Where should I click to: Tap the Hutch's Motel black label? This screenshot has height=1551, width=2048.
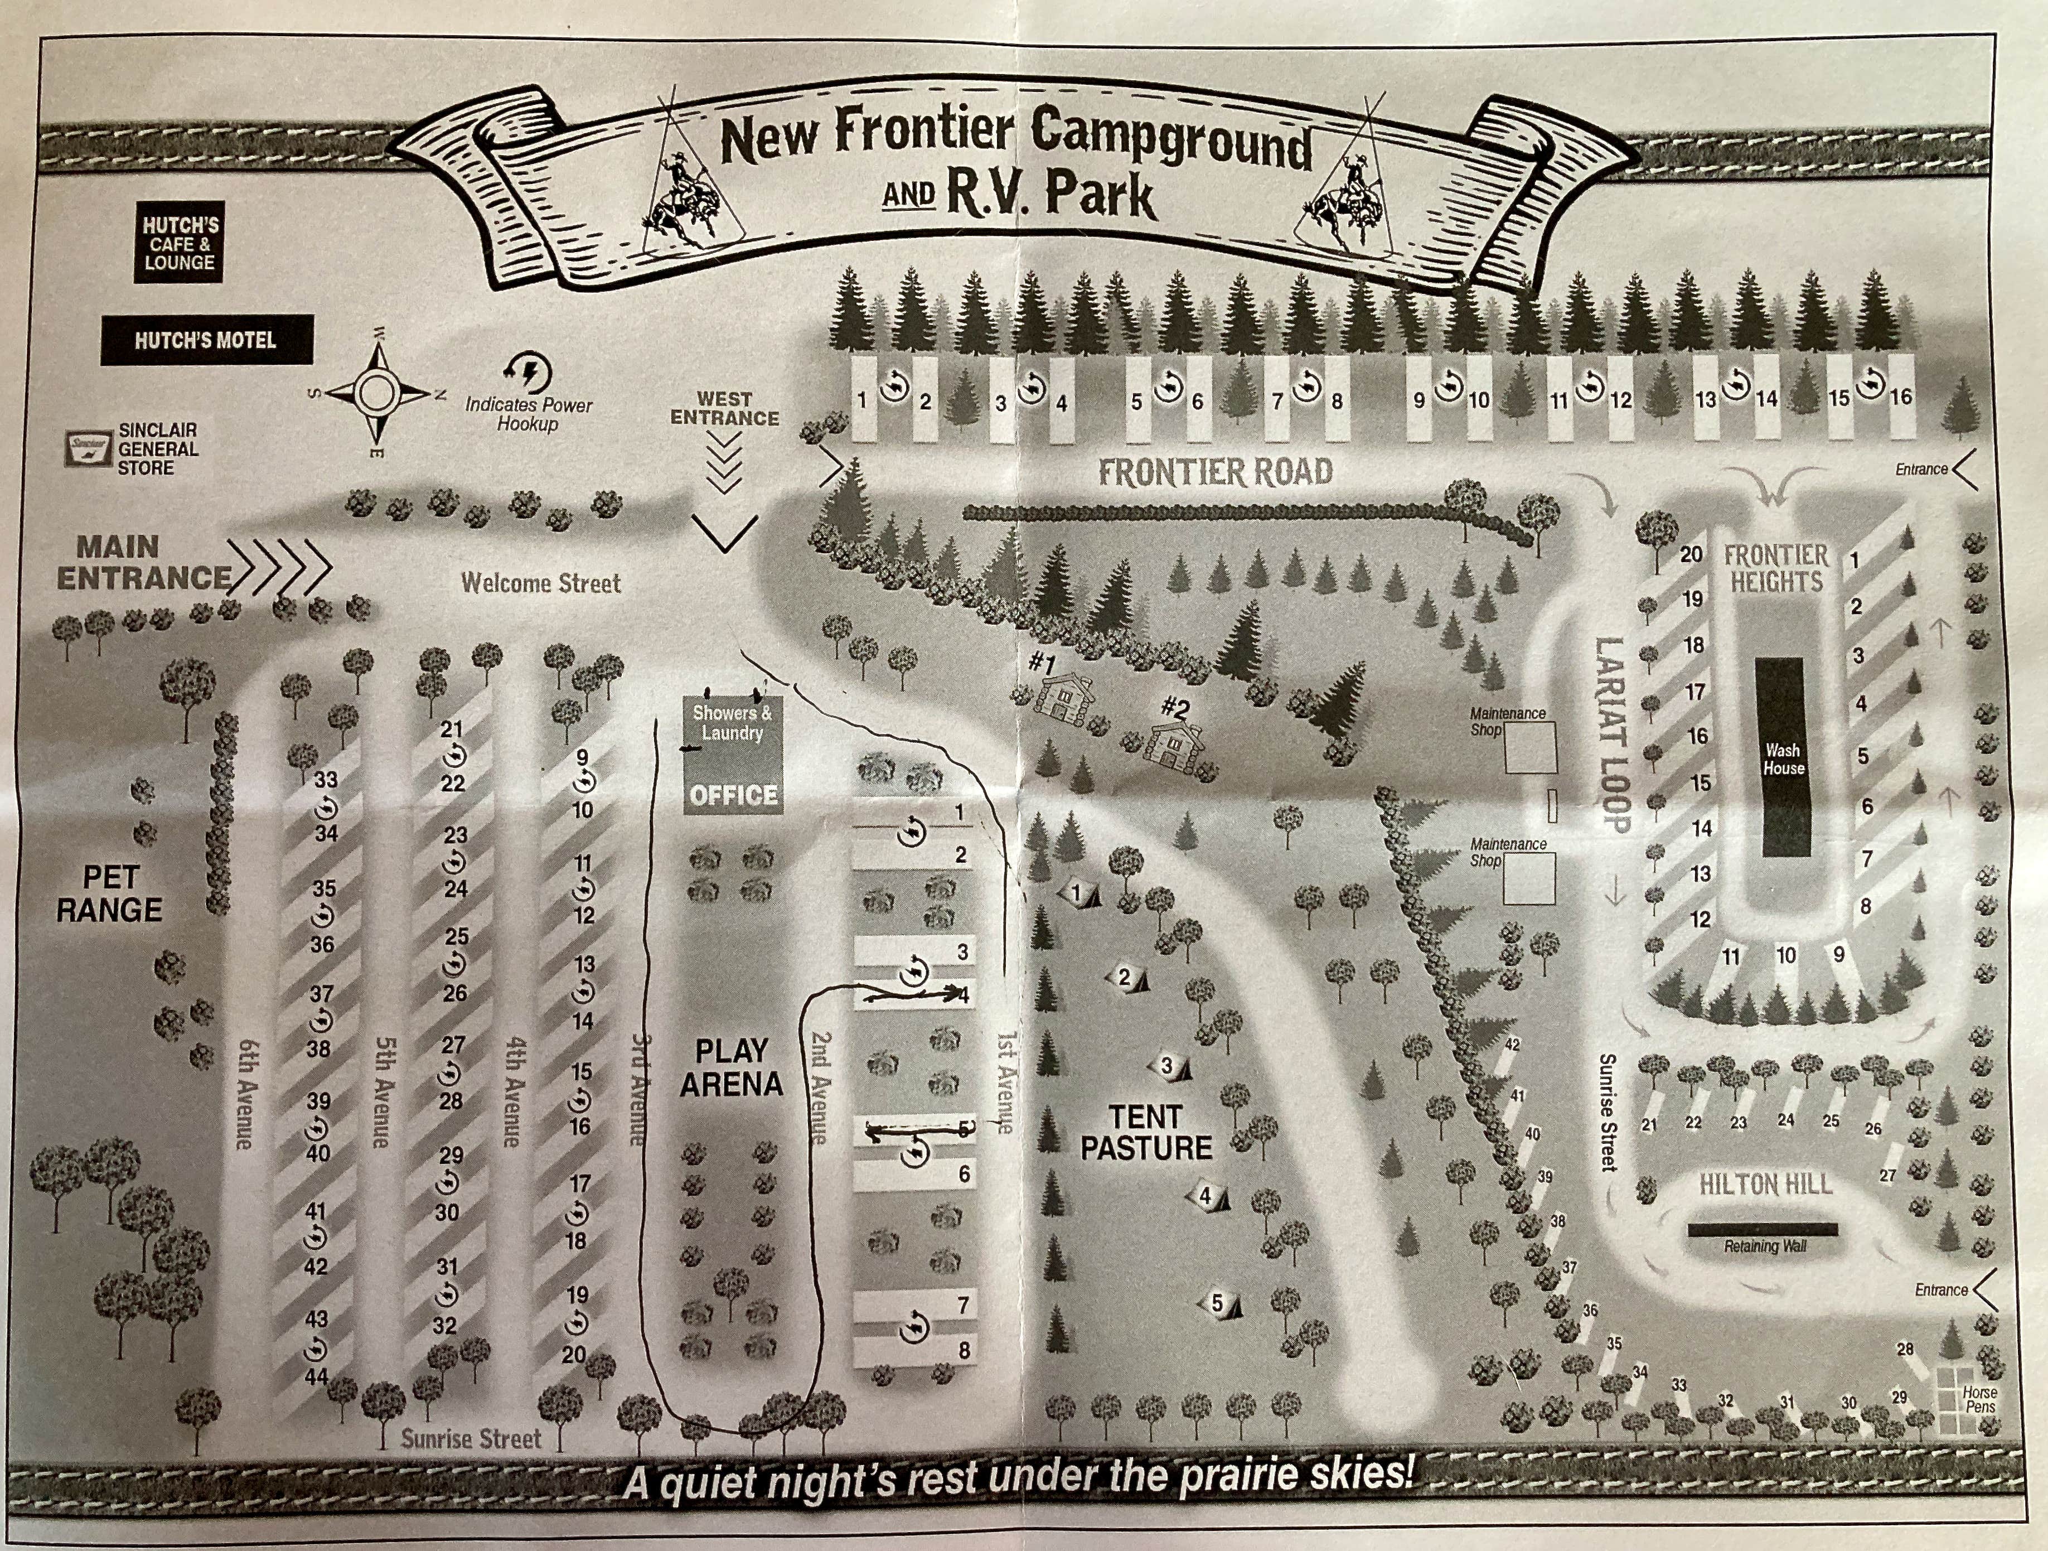206,340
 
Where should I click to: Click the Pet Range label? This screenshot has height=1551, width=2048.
109,893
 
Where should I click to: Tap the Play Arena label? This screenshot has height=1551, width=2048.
732,1067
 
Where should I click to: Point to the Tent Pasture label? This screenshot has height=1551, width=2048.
1146,1133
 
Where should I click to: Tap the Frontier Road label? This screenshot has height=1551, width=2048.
1215,472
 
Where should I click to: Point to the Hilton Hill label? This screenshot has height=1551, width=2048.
1765,1185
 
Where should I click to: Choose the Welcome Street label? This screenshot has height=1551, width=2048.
541,583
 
